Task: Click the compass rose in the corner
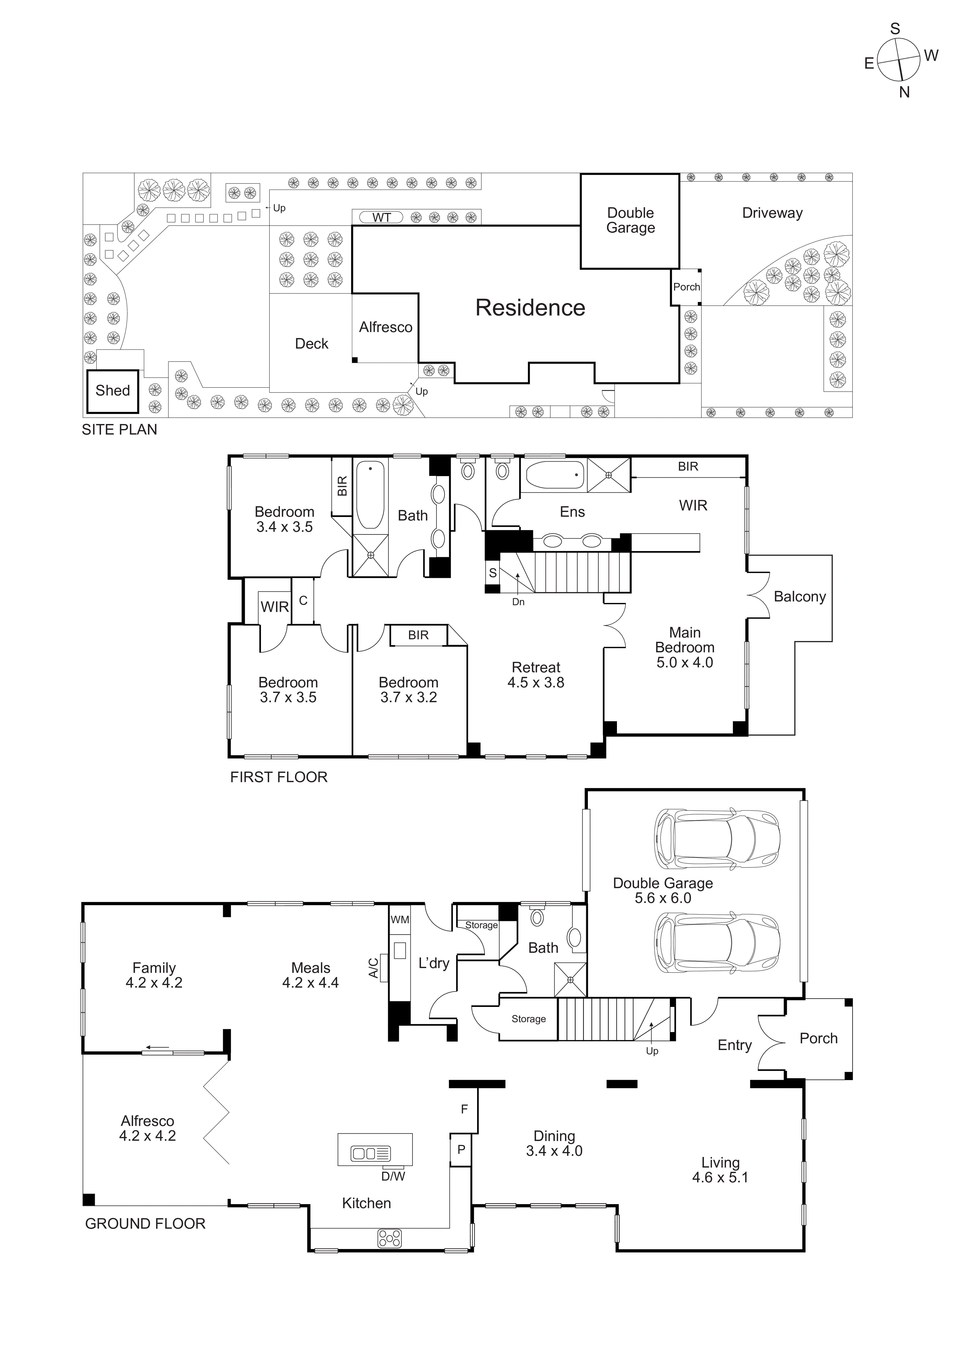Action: tap(898, 60)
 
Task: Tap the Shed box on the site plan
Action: tap(113, 391)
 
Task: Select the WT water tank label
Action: tap(381, 217)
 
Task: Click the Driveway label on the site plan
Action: tap(772, 213)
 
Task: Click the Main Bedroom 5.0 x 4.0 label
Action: tap(685, 647)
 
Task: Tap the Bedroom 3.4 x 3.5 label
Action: tap(284, 519)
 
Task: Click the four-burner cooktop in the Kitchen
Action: tap(389, 1238)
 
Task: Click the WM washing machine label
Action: tap(400, 919)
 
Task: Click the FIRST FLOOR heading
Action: tap(279, 777)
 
